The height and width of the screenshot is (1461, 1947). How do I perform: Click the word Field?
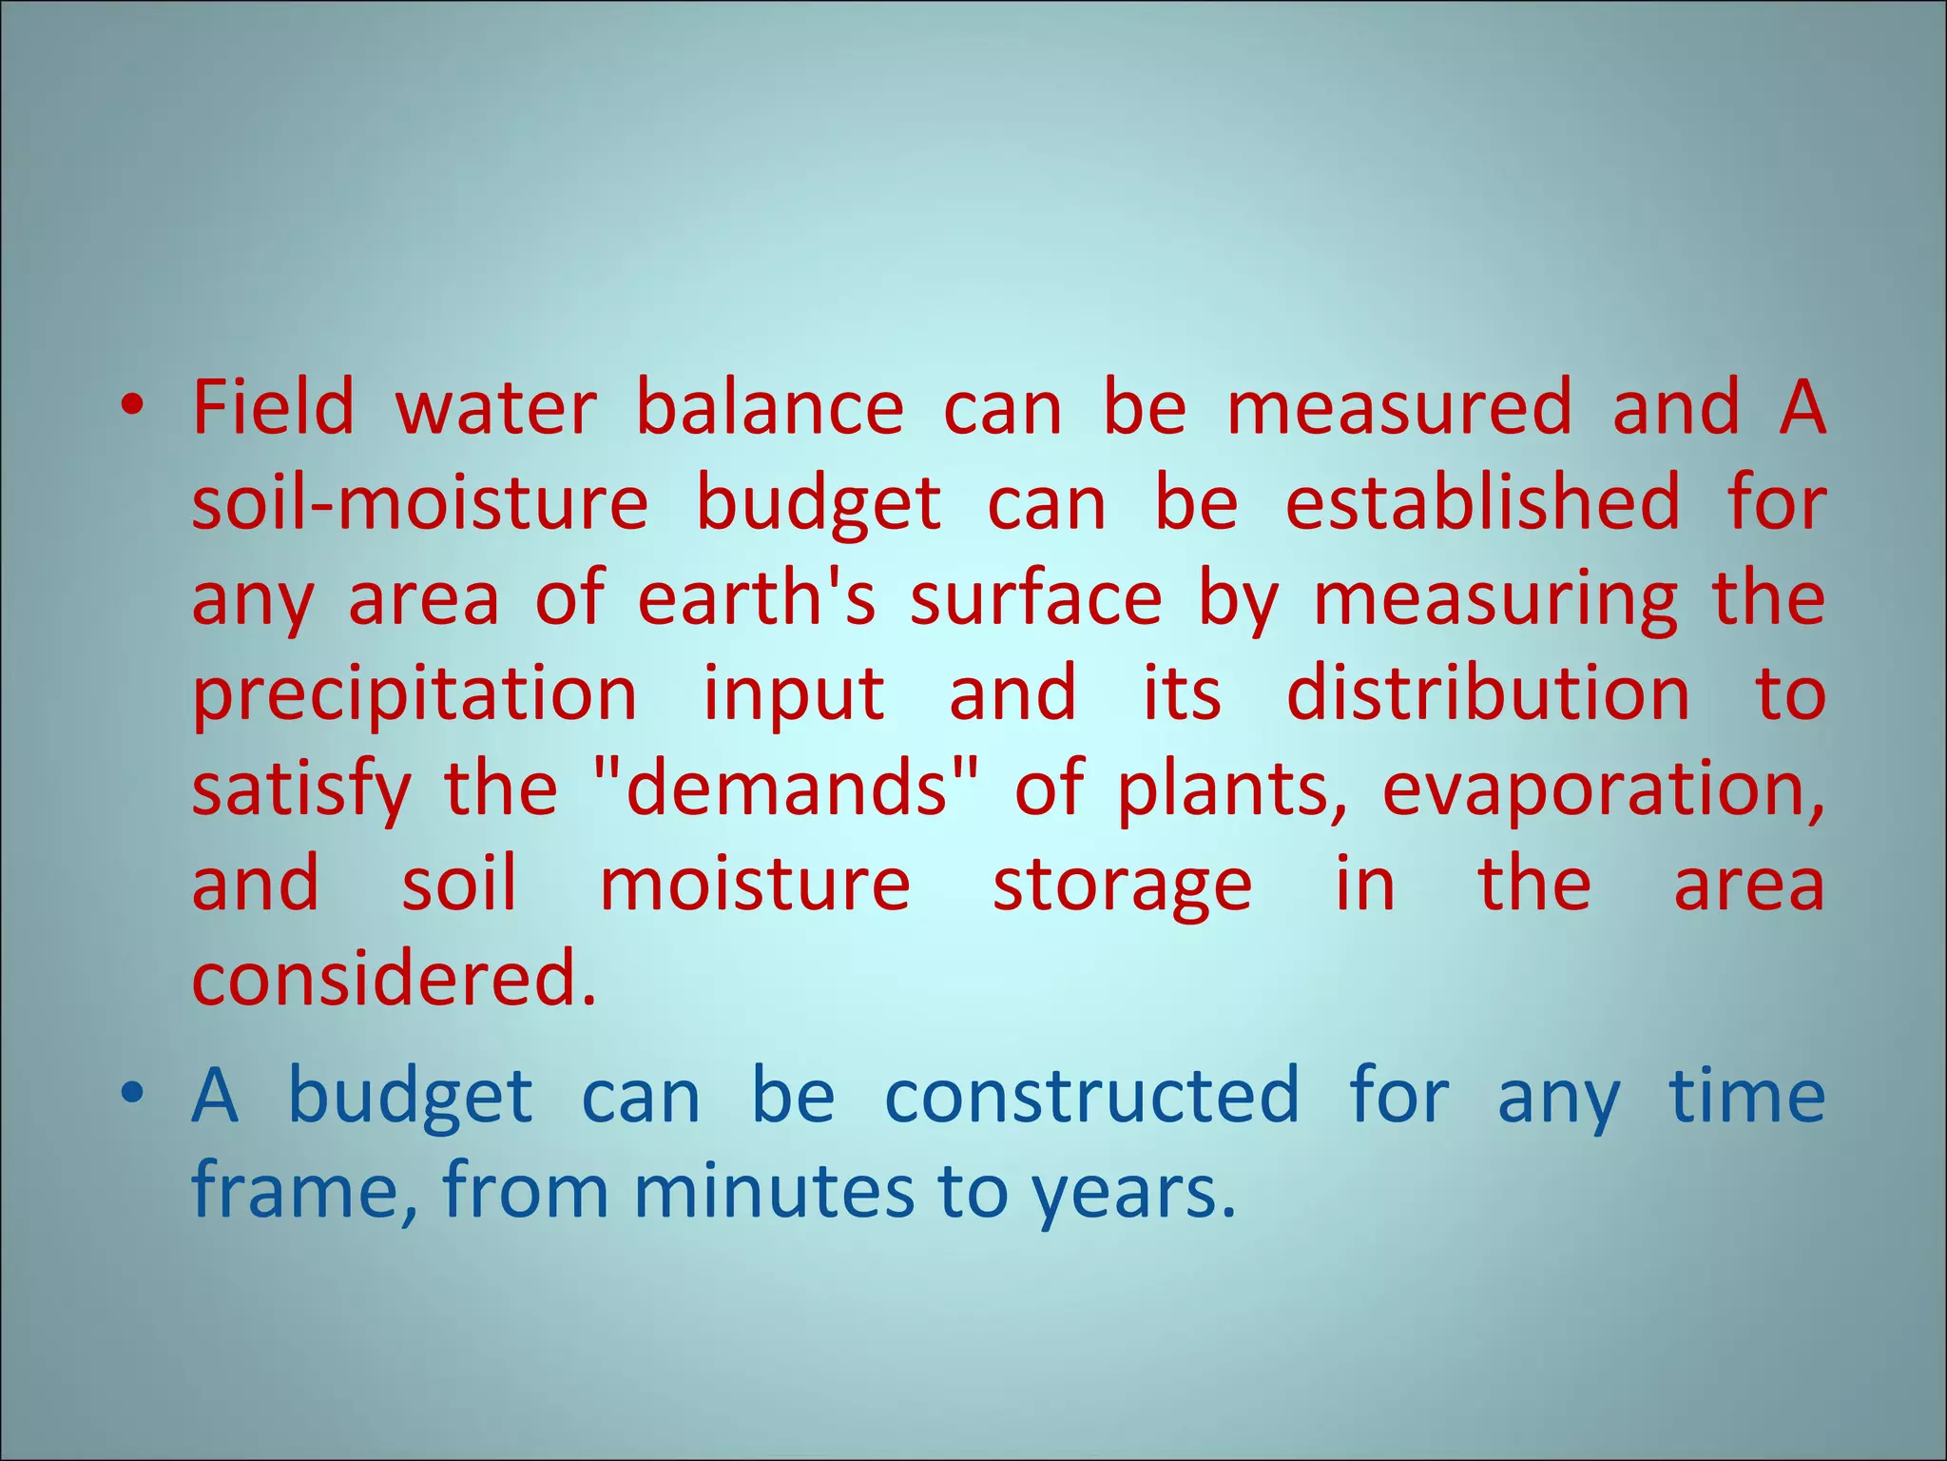tap(273, 407)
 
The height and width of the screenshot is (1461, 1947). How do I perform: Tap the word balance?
tap(769, 407)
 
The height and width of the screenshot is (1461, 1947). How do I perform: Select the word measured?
tap(1399, 407)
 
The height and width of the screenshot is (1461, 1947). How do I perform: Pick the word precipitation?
tap(414, 694)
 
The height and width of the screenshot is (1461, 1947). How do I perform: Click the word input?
tap(794, 694)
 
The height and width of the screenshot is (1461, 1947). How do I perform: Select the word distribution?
tap(1488, 694)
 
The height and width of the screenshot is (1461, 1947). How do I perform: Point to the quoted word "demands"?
tap(788, 789)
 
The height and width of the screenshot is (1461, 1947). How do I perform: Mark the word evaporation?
tap(1603, 789)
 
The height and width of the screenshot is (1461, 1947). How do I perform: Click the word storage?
tap(1122, 885)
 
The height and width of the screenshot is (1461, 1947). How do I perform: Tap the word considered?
tap(394, 980)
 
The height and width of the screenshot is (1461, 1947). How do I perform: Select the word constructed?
tap(1091, 1096)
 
